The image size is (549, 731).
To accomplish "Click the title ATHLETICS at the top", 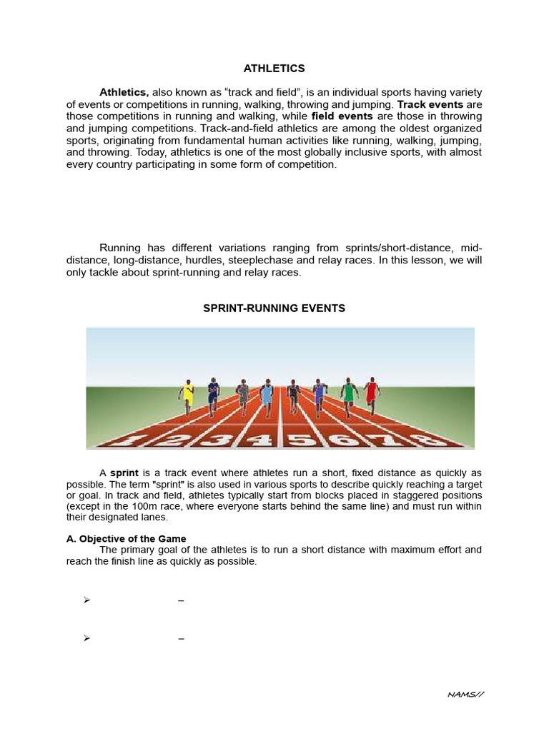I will click(x=274, y=69).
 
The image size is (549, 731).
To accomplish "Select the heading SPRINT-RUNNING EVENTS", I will click(x=274, y=308).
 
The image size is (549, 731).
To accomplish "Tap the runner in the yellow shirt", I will click(x=187, y=395).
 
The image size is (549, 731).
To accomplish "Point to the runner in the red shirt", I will click(x=371, y=394).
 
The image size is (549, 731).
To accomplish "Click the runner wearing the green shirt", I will click(x=348, y=394).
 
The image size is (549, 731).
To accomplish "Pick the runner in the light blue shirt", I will click(x=267, y=395).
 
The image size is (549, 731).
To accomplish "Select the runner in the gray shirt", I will click(x=242, y=395).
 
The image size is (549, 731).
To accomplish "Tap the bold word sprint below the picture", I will click(x=124, y=473).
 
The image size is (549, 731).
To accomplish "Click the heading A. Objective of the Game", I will click(x=126, y=539).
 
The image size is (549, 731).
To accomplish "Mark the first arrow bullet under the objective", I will click(x=86, y=600).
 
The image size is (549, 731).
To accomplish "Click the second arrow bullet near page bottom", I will click(x=86, y=638).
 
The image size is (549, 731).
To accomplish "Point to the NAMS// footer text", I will click(x=466, y=694).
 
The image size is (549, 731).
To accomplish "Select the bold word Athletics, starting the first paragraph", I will click(x=124, y=92).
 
